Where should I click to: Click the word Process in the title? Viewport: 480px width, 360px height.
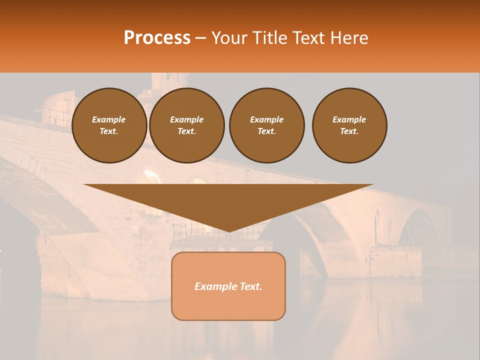click(157, 37)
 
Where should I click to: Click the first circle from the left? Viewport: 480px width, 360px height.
click(109, 125)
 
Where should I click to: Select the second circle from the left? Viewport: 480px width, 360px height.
click(187, 125)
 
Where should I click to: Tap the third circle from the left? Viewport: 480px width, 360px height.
click(266, 125)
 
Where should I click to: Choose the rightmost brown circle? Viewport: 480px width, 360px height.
click(349, 125)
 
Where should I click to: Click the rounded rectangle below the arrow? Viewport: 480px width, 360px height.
click(228, 286)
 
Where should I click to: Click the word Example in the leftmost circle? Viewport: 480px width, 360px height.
click(109, 119)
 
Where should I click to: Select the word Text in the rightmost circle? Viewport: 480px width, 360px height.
click(349, 131)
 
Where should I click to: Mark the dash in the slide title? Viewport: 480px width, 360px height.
click(200, 38)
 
